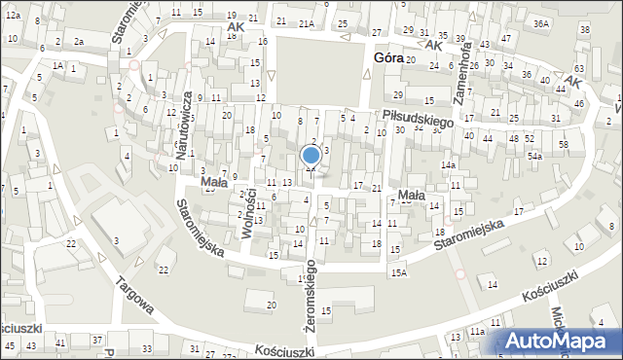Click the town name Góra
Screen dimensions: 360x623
[388, 58]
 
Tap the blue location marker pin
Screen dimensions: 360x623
[311, 155]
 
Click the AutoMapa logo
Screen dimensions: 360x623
[560, 341]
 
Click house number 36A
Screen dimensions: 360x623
[541, 22]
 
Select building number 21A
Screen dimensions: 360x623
[306, 22]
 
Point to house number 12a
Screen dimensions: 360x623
[12, 16]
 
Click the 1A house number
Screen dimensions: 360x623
[58, 65]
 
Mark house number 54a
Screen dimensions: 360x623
[534, 156]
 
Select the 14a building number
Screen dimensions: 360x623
[447, 165]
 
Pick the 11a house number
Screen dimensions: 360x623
[477, 332]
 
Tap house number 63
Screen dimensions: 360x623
[579, 68]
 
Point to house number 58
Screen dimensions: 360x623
[563, 144]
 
